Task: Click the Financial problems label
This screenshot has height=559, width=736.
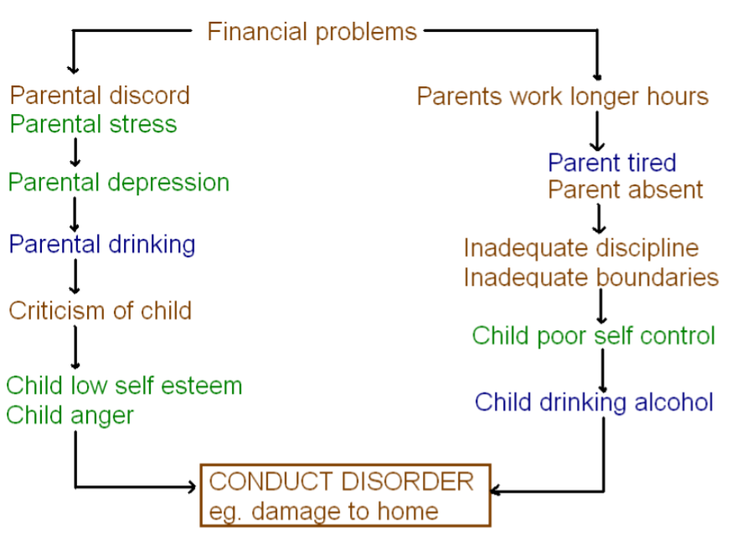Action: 311,32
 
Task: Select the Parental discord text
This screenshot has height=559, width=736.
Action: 100,96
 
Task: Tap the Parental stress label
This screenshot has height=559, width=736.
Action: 93,125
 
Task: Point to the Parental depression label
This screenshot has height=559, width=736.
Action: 118,183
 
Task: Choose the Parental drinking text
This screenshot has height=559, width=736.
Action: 101,245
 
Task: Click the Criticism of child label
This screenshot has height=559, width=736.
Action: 100,311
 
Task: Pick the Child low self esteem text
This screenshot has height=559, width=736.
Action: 124,386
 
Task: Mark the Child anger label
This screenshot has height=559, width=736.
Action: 69,415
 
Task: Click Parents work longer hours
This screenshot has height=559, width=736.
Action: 563,96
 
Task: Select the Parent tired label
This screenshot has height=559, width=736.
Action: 611,163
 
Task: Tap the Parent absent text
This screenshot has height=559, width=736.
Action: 625,190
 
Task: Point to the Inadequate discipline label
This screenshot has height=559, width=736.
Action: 580,248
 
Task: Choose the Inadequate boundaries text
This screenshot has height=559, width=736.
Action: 590,277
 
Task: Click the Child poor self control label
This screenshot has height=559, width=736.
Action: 593,336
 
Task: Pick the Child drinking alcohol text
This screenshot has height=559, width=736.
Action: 594,402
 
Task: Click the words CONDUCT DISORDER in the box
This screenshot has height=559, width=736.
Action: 341,482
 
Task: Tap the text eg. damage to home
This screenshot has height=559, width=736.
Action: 323,510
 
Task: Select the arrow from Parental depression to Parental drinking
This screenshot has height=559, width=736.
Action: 75,214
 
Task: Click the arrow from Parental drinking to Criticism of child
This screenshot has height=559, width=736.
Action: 75,276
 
